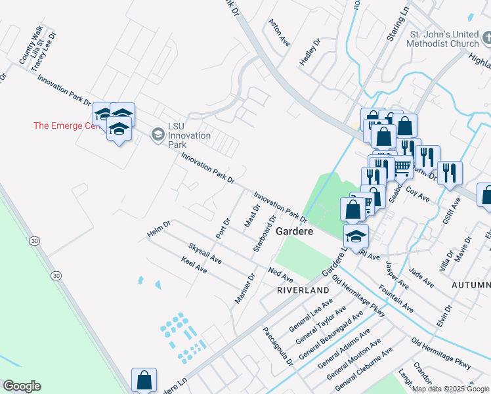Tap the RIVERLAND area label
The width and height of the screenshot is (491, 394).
pos(302,290)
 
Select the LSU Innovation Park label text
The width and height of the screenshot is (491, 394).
pos(189,135)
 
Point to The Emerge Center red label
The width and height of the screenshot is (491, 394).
pos(64,126)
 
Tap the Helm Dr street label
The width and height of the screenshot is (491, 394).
pos(159,229)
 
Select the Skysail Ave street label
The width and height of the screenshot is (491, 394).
pos(205,253)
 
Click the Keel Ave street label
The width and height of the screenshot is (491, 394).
pos(194,265)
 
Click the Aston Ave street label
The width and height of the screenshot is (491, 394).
pos(279,32)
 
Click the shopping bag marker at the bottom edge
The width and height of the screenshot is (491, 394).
pos(144,380)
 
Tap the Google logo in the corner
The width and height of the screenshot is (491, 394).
pos(22,386)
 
